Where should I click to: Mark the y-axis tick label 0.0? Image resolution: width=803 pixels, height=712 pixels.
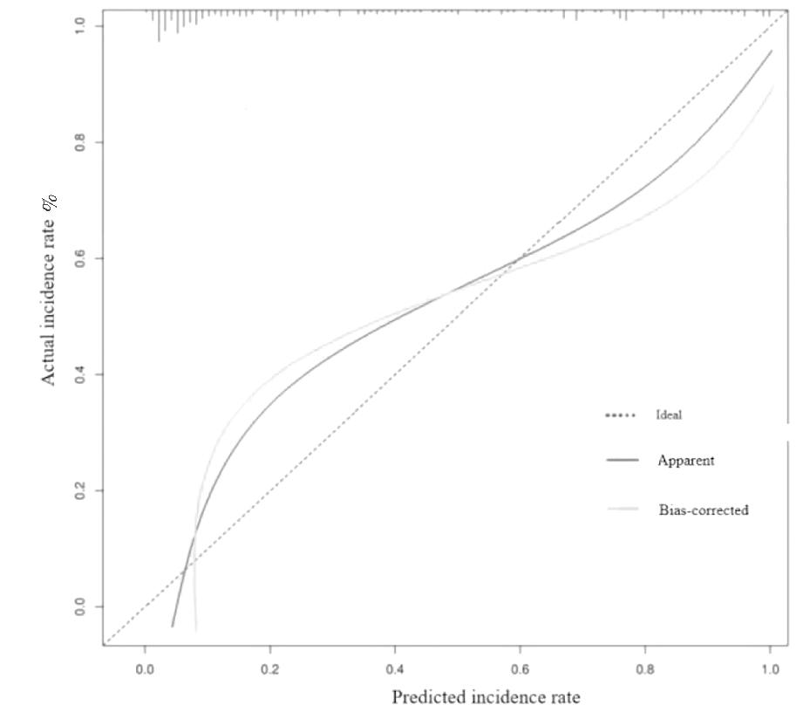[x=79, y=606]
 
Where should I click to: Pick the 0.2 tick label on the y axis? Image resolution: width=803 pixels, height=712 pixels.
[x=79, y=490]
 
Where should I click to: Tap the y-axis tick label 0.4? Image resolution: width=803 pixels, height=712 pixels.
[x=79, y=374]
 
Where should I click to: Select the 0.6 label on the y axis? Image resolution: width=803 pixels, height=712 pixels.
[x=79, y=258]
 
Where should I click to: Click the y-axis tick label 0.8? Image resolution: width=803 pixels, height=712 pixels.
[x=79, y=142]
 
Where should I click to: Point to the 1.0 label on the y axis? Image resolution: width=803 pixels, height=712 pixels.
[x=79, y=26]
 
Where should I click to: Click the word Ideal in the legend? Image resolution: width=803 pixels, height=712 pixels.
[x=669, y=415]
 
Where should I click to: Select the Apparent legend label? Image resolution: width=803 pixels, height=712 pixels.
[x=685, y=461]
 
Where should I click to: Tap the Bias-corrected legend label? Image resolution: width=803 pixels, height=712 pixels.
[x=703, y=510]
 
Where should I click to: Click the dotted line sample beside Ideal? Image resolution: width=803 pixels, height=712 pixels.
[x=621, y=415]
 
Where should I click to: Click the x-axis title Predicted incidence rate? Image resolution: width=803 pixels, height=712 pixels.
[x=486, y=697]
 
